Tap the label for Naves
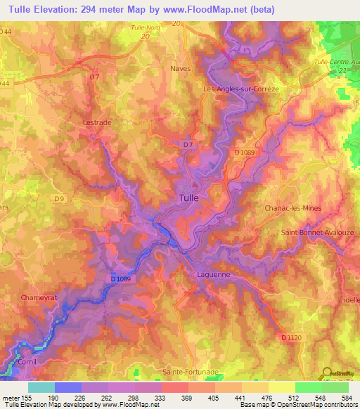tap(181, 69)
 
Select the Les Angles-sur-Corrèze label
tap(231, 89)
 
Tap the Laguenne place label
tap(214, 275)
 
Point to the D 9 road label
tap(60, 198)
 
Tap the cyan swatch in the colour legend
tap(41, 387)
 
